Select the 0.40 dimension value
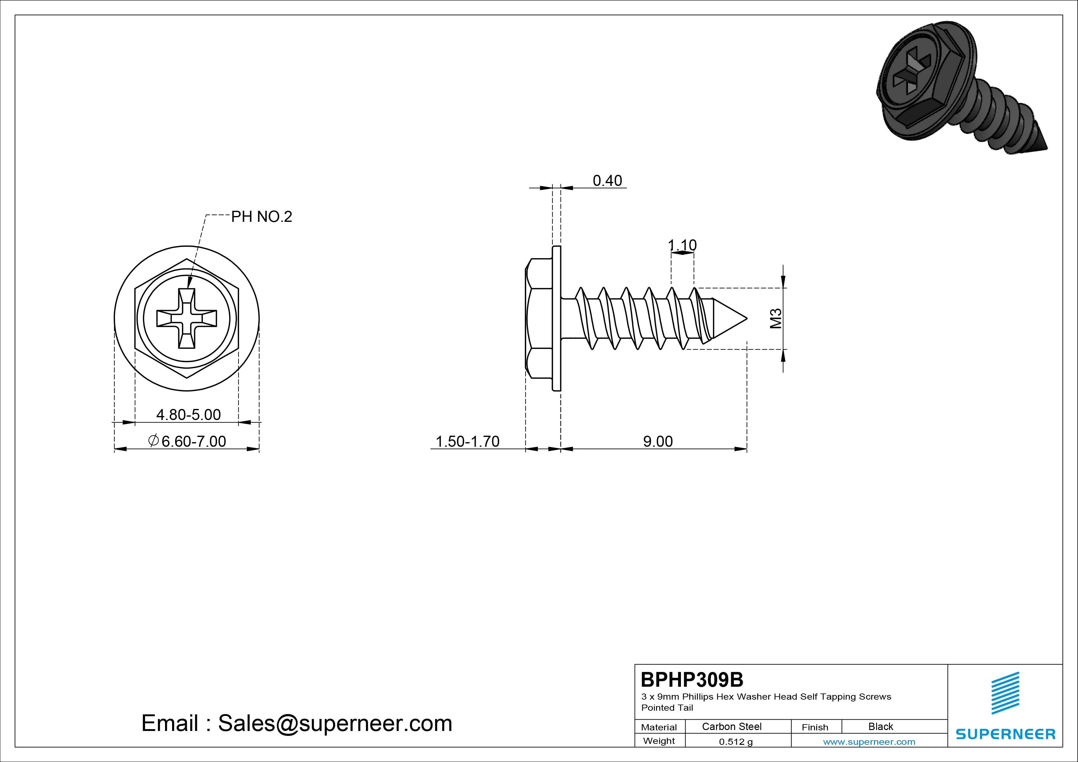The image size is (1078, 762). pos(607,181)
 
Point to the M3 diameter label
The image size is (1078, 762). pos(776,318)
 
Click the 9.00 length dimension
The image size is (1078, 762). pos(658,441)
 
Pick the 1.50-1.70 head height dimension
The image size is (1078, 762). pos(468,441)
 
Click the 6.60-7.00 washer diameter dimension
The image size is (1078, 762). pos(187,441)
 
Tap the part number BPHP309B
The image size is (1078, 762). pos(692,679)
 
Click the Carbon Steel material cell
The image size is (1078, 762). pos(731,726)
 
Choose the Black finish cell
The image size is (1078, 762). pos(881,726)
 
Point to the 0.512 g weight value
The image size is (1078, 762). pos(736,742)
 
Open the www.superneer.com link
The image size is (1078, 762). pos(869,742)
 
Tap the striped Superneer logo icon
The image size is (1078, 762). pos(1005,693)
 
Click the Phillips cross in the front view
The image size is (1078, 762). pos(187,318)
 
